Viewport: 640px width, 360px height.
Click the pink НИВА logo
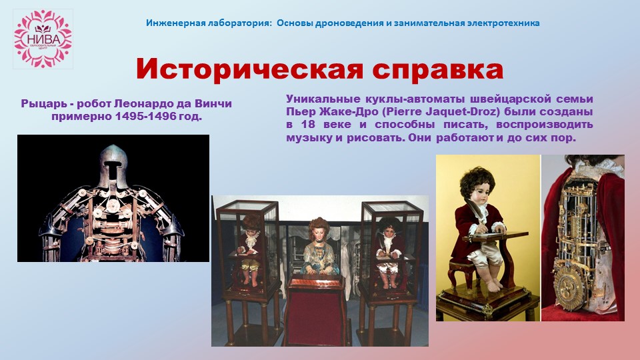point(43,39)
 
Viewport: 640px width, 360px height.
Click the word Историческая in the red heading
point(249,69)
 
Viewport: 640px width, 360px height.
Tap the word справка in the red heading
point(437,70)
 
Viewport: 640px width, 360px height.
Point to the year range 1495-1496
point(146,116)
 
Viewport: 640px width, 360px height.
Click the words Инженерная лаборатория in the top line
point(209,23)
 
